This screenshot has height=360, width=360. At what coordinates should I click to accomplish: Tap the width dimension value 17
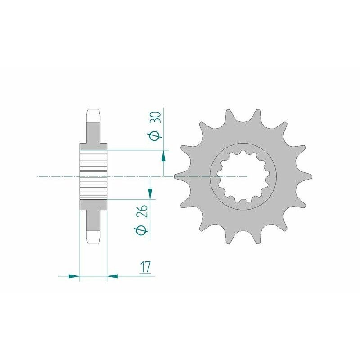click(x=145, y=267)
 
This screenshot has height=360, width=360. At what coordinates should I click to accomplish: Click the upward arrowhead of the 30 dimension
click(x=163, y=155)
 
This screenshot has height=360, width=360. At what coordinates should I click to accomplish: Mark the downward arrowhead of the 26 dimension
click(x=150, y=193)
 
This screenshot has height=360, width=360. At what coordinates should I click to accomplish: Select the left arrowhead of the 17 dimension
click(x=74, y=276)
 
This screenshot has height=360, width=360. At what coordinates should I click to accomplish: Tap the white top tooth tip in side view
click(x=93, y=115)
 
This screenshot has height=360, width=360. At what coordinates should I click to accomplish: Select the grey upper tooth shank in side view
click(x=93, y=133)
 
